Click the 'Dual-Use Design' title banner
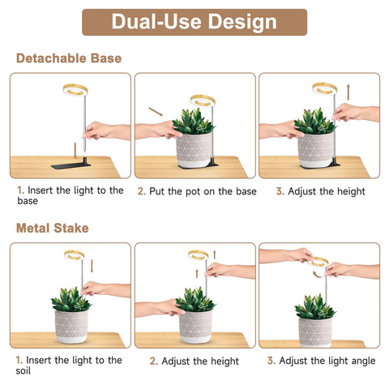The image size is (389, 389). [x=194, y=22]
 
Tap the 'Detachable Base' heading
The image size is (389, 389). [x=69, y=58]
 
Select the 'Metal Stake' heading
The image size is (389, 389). [x=53, y=228]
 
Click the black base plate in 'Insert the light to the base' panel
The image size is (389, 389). [x=71, y=165]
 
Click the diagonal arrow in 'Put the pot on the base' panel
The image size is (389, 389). [x=156, y=112]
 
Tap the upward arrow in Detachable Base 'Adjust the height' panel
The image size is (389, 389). [x=348, y=92]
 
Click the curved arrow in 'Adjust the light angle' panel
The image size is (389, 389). [x=317, y=275]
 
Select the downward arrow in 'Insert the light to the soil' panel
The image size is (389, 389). [x=92, y=266]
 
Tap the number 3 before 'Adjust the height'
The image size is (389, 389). [x=280, y=191]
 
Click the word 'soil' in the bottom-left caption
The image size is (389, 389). [x=23, y=371]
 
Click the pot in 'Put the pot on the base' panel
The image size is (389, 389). [x=194, y=150]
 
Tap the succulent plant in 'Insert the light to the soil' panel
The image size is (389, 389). [x=71, y=300]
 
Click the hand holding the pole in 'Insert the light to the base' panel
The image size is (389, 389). [x=106, y=130]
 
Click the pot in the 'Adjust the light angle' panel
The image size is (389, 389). [x=315, y=332]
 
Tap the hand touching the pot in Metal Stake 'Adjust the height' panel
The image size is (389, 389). [x=160, y=308]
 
